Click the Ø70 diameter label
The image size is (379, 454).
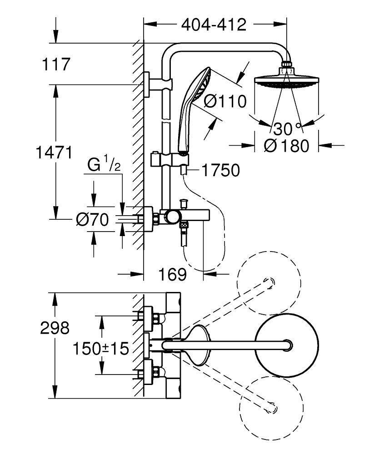[92, 220]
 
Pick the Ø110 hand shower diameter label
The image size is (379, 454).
[225, 101]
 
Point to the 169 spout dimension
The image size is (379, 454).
[172, 274]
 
